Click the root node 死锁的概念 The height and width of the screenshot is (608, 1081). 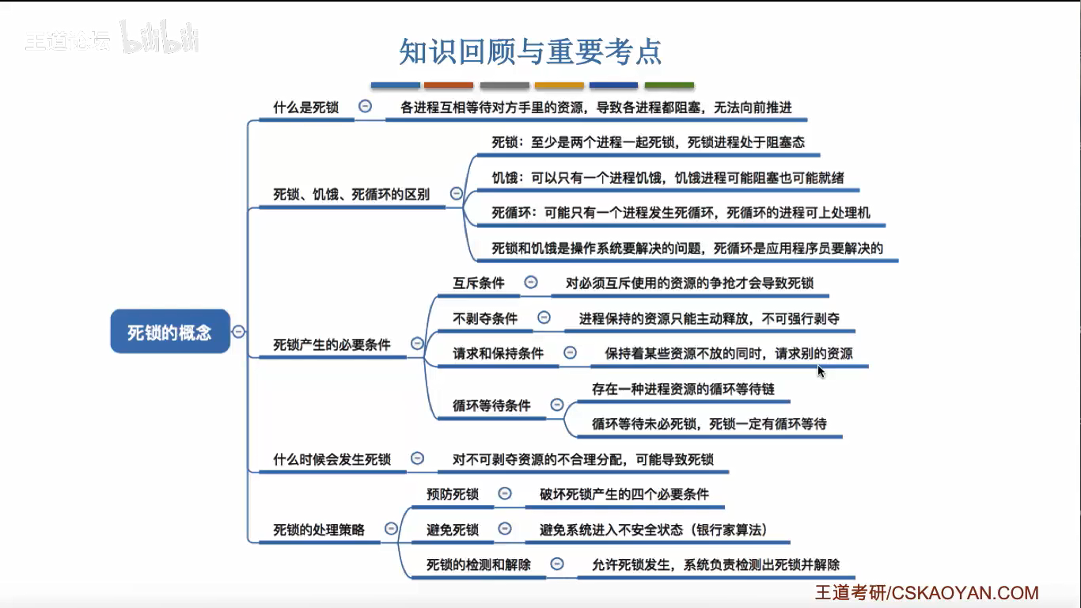click(169, 332)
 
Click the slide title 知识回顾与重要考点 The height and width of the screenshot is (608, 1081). click(530, 52)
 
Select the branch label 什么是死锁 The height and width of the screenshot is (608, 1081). click(305, 107)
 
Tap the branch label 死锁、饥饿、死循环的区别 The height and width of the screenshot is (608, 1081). click(351, 194)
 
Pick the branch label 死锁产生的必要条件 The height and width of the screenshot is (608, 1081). click(332, 344)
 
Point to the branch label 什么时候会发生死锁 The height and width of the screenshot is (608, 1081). click(332, 459)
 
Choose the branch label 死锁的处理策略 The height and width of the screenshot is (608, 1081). click(319, 530)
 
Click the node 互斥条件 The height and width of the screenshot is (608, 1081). click(478, 283)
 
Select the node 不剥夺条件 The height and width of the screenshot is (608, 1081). click(485, 318)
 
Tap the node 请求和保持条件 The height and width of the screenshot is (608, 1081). click(498, 353)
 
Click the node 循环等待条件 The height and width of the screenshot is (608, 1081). click(491, 405)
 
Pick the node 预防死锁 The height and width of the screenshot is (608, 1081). click(453, 494)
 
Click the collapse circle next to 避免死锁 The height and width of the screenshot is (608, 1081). click(505, 529)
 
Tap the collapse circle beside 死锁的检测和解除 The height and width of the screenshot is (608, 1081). click(557, 564)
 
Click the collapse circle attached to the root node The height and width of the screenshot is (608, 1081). click(238, 332)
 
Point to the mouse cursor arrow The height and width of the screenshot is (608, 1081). click(821, 370)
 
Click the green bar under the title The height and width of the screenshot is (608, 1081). click(669, 85)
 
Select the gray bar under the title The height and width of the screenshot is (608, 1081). click(504, 85)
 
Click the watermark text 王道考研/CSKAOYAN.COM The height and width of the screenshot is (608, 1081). click(927, 592)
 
